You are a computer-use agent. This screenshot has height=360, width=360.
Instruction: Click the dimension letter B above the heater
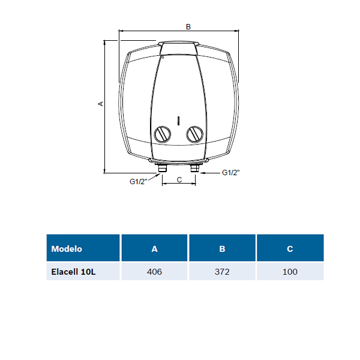click(x=188, y=26)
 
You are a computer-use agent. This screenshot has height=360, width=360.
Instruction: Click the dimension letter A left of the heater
click(x=101, y=104)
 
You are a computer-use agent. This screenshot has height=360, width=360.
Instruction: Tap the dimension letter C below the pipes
click(x=179, y=179)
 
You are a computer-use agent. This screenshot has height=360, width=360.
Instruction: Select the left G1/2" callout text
click(x=138, y=182)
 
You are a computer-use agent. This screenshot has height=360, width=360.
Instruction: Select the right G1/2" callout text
click(x=231, y=172)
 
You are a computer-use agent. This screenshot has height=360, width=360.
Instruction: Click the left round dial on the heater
click(x=163, y=134)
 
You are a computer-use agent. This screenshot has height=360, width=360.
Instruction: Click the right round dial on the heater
click(x=194, y=134)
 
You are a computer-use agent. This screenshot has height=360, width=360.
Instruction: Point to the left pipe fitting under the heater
click(x=163, y=168)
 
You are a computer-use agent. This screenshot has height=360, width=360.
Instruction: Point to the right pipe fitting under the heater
click(x=195, y=168)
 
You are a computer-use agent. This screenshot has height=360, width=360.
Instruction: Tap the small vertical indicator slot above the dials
click(x=178, y=121)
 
